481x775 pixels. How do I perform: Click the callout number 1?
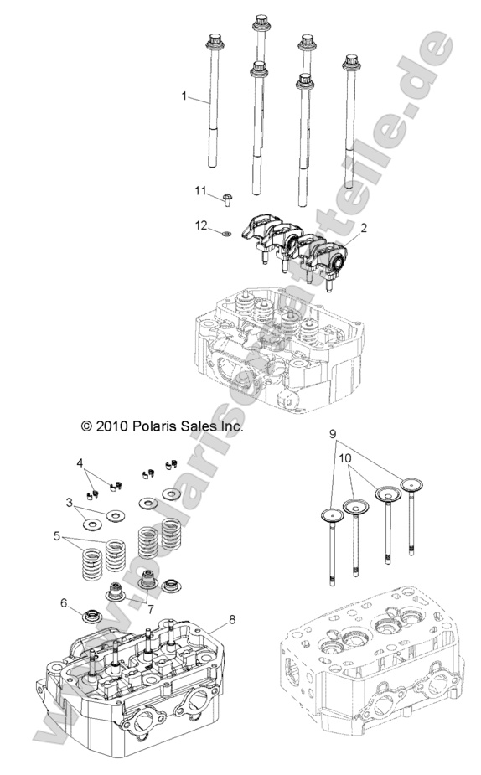(184, 96)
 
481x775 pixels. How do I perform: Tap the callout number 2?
(364, 228)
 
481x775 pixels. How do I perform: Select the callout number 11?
(200, 192)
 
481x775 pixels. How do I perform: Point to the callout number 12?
(200, 225)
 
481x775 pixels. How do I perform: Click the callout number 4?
(80, 462)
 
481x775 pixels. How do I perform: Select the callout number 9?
(333, 433)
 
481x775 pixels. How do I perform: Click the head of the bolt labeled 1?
(211, 39)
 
